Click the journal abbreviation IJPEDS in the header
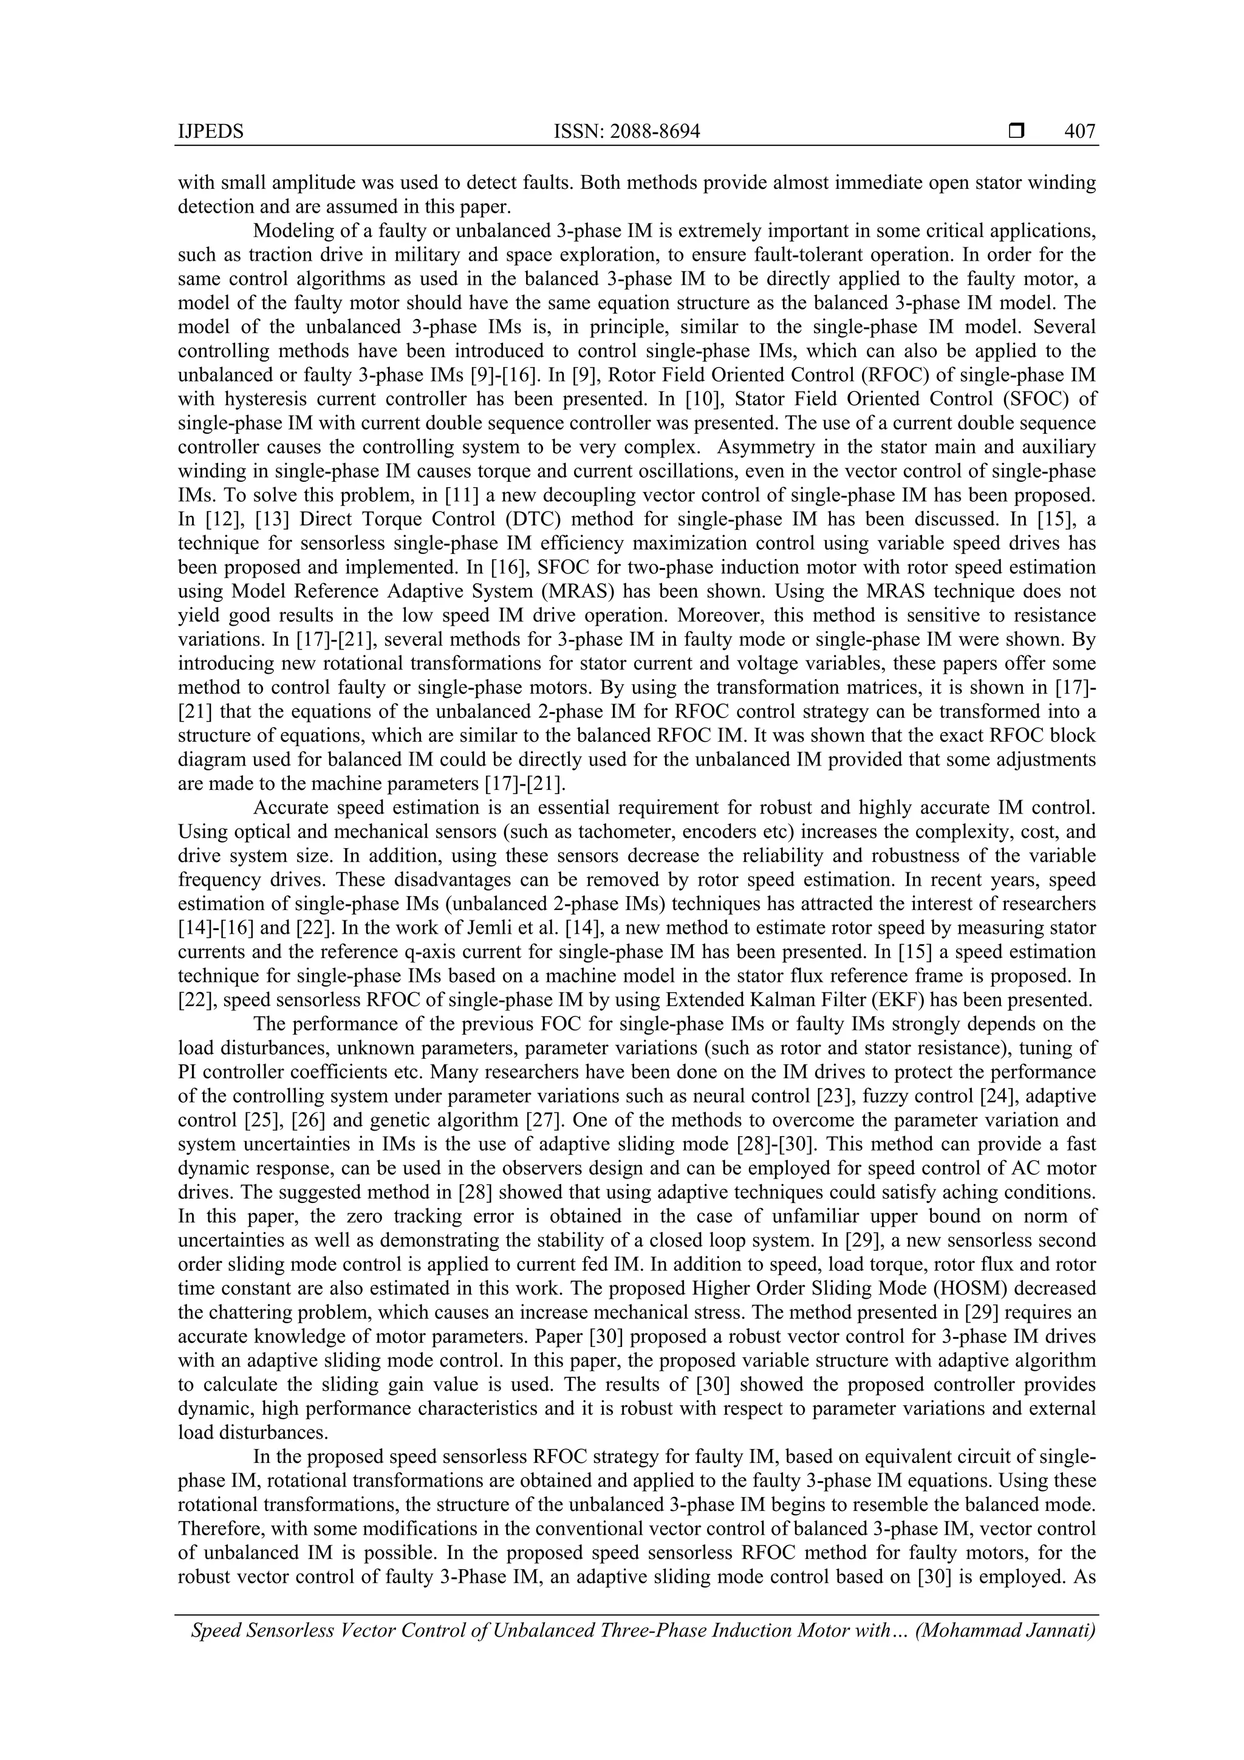(210, 132)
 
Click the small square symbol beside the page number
(1016, 132)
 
